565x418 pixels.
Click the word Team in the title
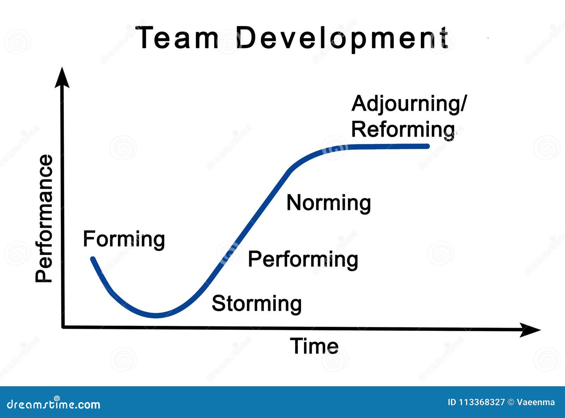(x=177, y=38)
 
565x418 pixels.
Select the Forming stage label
(x=124, y=240)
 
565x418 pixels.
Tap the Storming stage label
(x=257, y=304)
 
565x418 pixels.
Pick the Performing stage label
(x=303, y=260)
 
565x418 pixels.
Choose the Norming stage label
(x=328, y=203)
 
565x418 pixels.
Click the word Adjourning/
(x=409, y=104)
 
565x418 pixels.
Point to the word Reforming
(x=403, y=129)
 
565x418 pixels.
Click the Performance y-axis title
(x=44, y=219)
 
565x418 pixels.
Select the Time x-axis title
(x=314, y=346)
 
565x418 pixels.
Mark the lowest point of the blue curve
(x=156, y=315)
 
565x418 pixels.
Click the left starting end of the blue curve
(x=93, y=259)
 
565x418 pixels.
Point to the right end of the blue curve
(x=427, y=146)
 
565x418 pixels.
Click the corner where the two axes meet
(x=63, y=327)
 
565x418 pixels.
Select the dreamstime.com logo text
(x=54, y=404)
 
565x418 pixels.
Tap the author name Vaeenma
(x=536, y=402)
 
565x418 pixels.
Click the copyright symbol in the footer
(x=511, y=402)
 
